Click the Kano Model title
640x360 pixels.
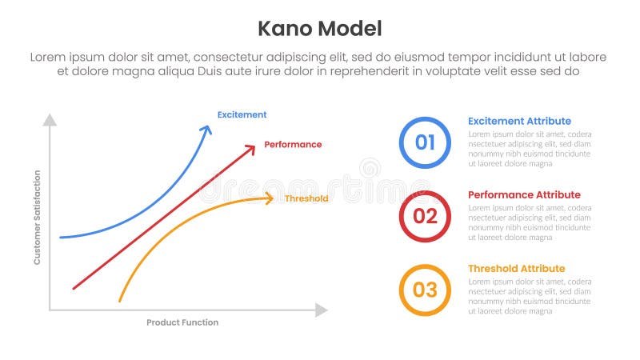pos(319,29)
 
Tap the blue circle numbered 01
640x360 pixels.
pos(425,142)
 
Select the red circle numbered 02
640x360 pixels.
pos(425,216)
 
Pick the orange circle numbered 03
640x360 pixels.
pos(425,290)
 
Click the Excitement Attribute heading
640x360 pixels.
pos(519,121)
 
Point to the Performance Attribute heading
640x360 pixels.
pos(524,194)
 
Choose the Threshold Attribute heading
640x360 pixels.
pos(516,268)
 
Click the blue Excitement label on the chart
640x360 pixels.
pos(242,114)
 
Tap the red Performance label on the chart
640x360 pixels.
pos(293,145)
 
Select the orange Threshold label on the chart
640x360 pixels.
pos(306,198)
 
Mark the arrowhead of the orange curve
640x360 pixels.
pos(270,198)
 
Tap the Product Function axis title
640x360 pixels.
pos(182,322)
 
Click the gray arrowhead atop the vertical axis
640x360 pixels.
pos(50,120)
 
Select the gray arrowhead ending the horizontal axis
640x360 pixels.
pos(322,310)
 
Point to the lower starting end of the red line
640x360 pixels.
pos(74,287)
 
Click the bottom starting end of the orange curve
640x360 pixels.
pos(120,301)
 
